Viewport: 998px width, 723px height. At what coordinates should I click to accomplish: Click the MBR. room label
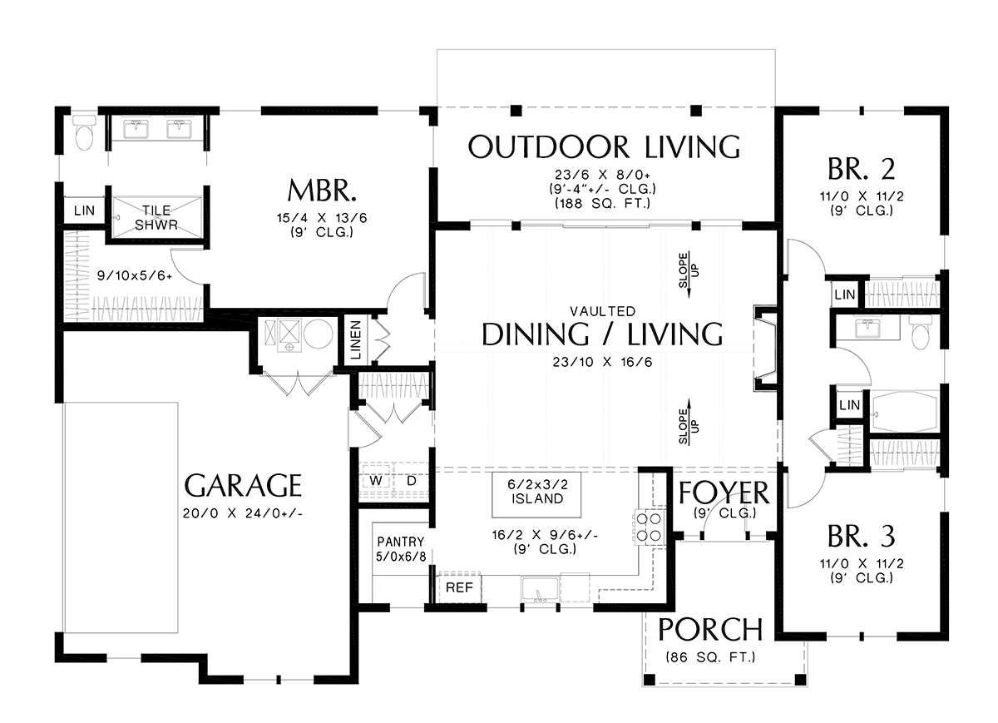pos(322,191)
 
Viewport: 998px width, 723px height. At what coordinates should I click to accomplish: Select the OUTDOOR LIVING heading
pos(604,147)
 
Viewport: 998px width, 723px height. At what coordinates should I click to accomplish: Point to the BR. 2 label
pos(862,170)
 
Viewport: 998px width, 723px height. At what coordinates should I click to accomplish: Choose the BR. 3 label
pos(862,537)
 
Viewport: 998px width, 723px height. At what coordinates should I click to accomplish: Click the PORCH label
pos(710,630)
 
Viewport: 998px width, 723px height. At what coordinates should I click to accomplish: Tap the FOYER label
pos(724,493)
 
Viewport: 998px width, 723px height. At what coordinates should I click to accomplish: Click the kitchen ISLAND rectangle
pos(536,495)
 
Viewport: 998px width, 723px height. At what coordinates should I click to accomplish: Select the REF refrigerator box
pos(459,587)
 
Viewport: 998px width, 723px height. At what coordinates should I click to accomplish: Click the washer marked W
pos(377,481)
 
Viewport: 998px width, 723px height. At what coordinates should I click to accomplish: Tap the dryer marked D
pos(411,481)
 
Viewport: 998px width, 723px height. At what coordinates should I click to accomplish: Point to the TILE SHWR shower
pos(156,217)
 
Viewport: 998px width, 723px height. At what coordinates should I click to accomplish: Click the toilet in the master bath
pos(84,132)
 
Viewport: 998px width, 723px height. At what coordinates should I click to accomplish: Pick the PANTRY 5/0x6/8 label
pos(401,549)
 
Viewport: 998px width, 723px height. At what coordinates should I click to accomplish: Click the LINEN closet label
pos(356,340)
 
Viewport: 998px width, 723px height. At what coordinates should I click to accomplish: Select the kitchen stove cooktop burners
pos(649,527)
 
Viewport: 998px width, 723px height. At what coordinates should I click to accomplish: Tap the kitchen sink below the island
pos(541,589)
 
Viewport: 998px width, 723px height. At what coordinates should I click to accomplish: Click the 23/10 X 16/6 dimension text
pos(602,362)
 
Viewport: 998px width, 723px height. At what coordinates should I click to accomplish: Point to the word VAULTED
pos(602,310)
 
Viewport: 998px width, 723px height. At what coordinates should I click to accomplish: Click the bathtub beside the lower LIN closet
pos(905,412)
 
